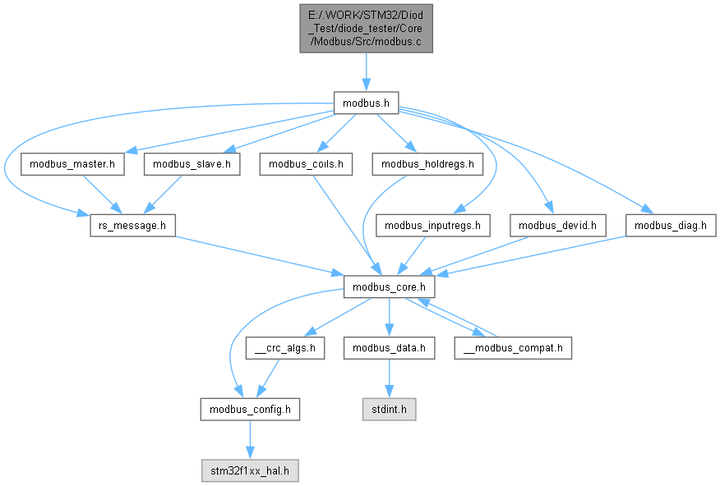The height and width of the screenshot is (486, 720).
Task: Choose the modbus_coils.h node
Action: pos(307,164)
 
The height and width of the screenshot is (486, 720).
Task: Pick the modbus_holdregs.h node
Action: pos(427,164)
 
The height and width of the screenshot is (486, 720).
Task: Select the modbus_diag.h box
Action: pos(671,224)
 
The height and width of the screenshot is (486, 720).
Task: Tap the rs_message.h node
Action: pos(132,224)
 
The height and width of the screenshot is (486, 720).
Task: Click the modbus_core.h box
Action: pos(388,288)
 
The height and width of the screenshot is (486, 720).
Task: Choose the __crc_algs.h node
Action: pos(284,348)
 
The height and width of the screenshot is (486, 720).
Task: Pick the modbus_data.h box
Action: pos(388,348)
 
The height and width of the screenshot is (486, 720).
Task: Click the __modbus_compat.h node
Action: pos(513,348)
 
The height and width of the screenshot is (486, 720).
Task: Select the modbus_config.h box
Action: pos(250,408)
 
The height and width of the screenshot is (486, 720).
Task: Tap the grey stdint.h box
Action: pos(388,408)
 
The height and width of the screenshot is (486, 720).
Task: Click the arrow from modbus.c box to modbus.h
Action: pos(366,72)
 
